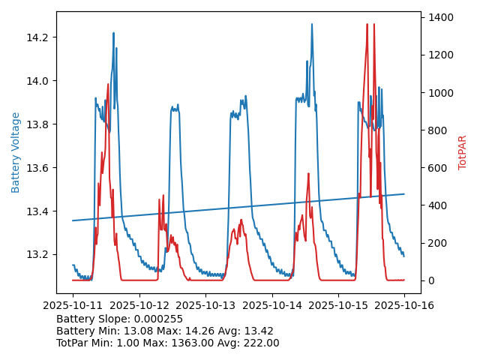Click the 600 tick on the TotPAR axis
pyautogui.click(x=436, y=168)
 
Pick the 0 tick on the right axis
pyautogui.click(x=430, y=280)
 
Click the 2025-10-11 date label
pyautogui.click(x=73, y=305)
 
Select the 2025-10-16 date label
pyautogui.click(x=404, y=305)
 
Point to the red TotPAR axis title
pyautogui.click(x=463, y=152)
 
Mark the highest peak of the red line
pyautogui.click(x=367, y=24)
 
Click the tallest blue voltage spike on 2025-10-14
pyautogui.click(x=312, y=24)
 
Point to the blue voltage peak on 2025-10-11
pyautogui.click(x=113, y=33)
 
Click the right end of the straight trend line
pyautogui.click(x=404, y=193)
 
